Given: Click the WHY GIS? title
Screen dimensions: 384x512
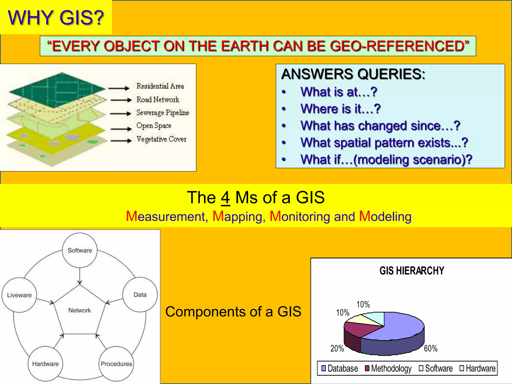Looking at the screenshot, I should pos(56,17).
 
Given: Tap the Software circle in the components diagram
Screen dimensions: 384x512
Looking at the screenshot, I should pos(80,250).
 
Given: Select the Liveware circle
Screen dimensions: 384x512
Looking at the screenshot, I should pos(19,295).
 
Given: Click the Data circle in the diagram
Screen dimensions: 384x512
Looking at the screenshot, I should pos(140,295).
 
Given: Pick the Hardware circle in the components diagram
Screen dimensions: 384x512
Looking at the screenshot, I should pos(45,364).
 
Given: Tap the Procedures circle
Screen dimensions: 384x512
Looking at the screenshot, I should pos(116,364).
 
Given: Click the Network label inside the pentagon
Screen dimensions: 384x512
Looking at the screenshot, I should pos(79,310).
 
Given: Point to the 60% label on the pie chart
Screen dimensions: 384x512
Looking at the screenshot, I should pos(430,348).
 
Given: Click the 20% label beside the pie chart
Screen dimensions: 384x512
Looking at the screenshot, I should pos(337,348).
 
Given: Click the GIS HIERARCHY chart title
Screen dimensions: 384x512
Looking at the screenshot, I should pos(412,271).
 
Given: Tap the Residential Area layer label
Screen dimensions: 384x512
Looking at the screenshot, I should pos(160,86).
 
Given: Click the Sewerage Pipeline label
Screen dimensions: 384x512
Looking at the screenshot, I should pos(162,112).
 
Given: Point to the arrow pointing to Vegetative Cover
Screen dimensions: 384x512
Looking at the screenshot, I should pos(121,141).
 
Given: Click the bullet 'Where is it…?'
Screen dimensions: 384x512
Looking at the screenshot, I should pos(340,109).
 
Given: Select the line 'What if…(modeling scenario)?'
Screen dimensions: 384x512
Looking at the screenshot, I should pos(386,159).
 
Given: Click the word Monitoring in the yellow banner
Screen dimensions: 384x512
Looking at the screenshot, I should pos(300,216).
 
